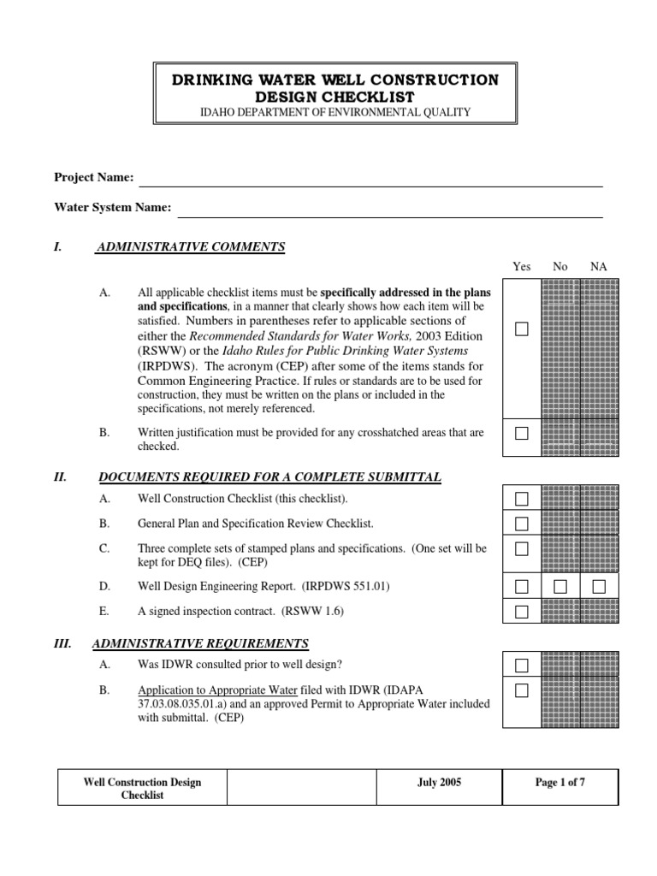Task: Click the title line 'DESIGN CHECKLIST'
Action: tap(334, 97)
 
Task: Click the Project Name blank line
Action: tap(370, 183)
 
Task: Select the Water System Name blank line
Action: tap(389, 214)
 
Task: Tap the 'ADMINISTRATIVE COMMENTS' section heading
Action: tap(191, 247)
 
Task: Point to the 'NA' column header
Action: tap(599, 267)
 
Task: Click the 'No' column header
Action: tap(560, 267)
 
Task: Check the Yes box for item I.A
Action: tap(522, 329)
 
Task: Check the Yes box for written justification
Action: tap(522, 434)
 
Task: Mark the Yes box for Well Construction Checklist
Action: tap(522, 499)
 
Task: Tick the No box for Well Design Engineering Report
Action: tap(560, 586)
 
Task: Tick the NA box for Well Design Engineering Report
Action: tap(599, 586)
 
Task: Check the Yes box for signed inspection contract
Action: tap(522, 612)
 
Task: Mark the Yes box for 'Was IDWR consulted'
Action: tap(522, 666)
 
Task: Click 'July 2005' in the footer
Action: tap(439, 783)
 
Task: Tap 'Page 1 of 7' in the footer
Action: tap(559, 783)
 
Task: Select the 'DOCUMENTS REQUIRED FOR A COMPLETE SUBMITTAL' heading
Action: tap(270, 476)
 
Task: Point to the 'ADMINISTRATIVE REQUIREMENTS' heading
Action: tap(200, 643)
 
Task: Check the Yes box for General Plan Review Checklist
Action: tap(522, 524)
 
